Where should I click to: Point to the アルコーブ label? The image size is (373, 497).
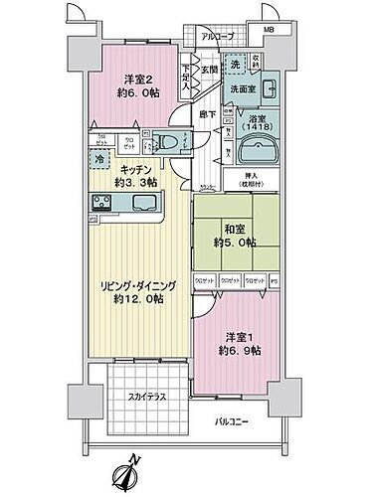click(x=217, y=37)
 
